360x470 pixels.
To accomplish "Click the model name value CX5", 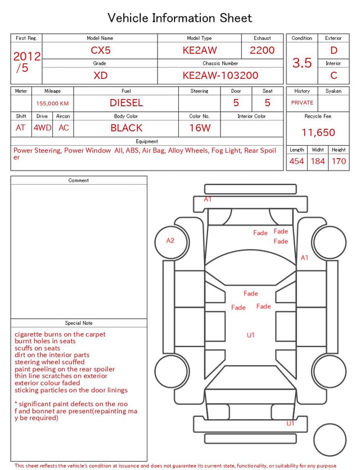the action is [x=101, y=50].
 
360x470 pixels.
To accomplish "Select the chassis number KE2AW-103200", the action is [x=220, y=75].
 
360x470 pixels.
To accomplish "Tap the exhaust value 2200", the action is [x=262, y=50].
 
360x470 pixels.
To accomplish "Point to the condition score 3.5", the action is [x=302, y=63].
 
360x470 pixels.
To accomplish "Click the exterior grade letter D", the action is [x=334, y=50].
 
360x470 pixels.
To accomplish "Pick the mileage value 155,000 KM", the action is [x=52, y=104].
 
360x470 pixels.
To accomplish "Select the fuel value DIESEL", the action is [x=127, y=103].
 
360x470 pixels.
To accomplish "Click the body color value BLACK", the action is [x=127, y=128].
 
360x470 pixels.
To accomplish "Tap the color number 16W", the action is [x=200, y=128].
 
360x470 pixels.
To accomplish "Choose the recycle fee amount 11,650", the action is [x=318, y=132].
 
